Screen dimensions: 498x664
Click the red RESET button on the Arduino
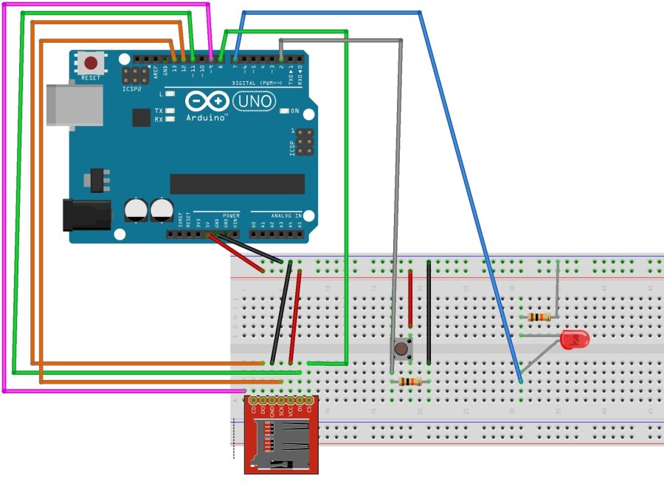[91, 63]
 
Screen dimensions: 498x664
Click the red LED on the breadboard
[574, 340]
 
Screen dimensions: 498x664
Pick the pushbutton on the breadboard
[401, 349]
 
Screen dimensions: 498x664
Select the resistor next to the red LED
[539, 317]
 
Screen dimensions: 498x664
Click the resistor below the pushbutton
[409, 381]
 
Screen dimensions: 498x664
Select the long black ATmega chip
[237, 184]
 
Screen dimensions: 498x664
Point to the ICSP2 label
[131, 89]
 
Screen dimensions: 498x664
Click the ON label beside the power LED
[295, 111]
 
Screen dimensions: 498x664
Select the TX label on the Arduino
[159, 111]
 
